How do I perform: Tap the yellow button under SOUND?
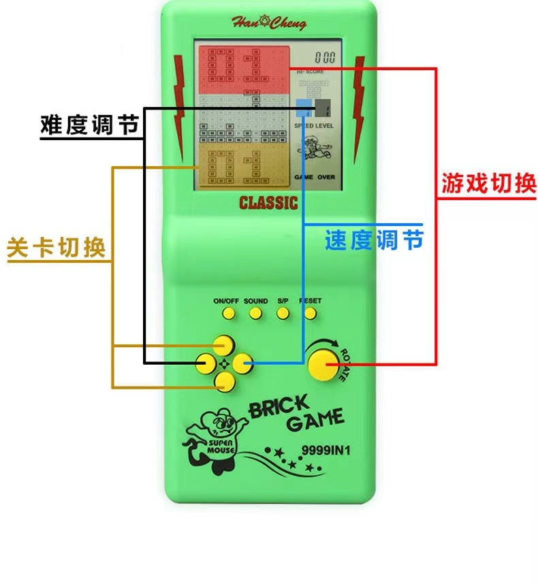(255, 314)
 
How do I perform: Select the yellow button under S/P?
(283, 314)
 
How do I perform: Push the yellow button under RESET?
(310, 314)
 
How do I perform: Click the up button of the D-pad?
(221, 344)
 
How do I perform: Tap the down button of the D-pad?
(221, 383)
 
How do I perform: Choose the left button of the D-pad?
(204, 363)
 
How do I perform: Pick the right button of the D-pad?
(240, 363)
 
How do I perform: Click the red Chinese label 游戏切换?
(489, 182)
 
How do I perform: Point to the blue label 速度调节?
(374, 240)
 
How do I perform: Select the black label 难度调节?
(90, 125)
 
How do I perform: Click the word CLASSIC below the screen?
(268, 202)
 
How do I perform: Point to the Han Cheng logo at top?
(268, 22)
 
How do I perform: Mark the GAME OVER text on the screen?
(314, 177)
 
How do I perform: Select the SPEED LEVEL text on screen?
(314, 126)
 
